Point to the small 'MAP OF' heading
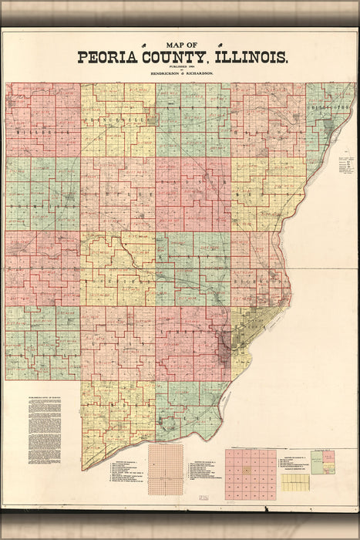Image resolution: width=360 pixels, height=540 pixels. click(181, 46)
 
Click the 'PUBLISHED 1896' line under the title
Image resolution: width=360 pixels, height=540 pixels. click(181, 66)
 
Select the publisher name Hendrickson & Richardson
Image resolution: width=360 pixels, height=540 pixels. click(181, 72)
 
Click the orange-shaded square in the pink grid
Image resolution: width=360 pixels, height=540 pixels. click(247, 470)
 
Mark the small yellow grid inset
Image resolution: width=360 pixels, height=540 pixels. click(294, 482)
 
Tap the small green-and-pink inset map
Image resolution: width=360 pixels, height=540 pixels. click(328, 462)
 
